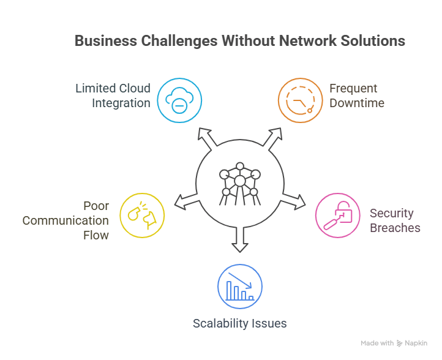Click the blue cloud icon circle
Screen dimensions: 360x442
click(179, 100)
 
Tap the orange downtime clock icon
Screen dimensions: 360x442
click(300, 100)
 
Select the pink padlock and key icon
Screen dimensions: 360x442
click(337, 216)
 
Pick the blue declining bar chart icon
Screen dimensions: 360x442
click(240, 287)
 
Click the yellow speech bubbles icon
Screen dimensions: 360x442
click(142, 214)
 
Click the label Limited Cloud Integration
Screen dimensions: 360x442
click(113, 96)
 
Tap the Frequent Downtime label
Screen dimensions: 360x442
click(356, 96)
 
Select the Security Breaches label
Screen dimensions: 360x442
click(395, 220)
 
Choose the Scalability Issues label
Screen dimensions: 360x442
click(240, 323)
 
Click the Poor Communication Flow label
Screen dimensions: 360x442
click(66, 220)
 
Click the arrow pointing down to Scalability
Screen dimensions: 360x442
click(240, 242)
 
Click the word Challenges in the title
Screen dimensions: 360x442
click(178, 41)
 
